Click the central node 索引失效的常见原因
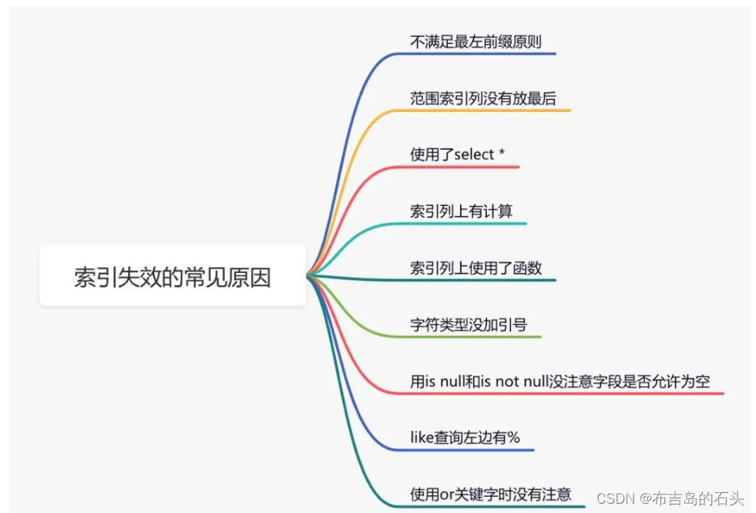pos(173,277)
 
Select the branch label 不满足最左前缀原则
pos(475,42)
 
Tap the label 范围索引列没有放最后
pos(482,98)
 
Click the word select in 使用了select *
pos(474,154)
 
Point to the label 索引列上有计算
pos(461,211)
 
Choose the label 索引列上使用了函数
pos(475,268)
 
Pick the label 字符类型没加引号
pos(468,325)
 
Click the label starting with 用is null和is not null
pos(559,381)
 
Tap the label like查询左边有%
pos(465,438)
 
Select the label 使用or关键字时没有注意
pos(490,494)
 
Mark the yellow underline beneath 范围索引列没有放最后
pos(493,110)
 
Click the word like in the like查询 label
pos(422,438)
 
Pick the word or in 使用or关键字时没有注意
pos(446,494)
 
